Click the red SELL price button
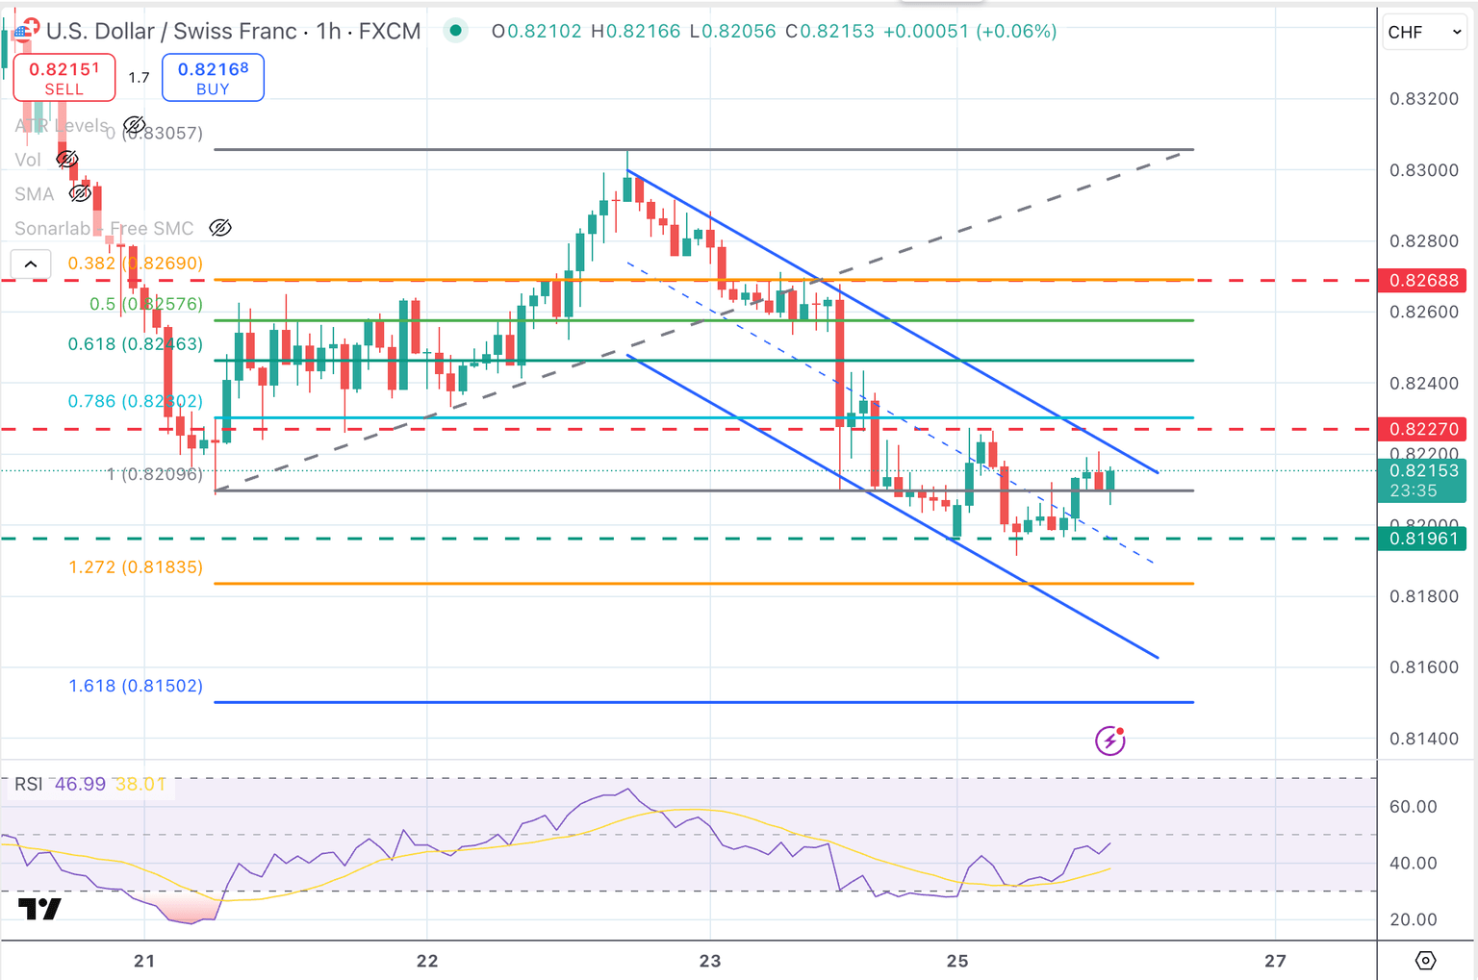tap(64, 77)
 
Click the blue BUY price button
tap(213, 77)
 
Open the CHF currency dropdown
tap(1424, 32)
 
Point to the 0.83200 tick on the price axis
tap(1423, 99)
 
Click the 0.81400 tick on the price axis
tap(1423, 739)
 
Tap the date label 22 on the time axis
tap(426, 961)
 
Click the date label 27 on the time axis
tap(1275, 961)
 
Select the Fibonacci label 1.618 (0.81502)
tap(136, 686)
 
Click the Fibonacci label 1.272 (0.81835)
tap(136, 567)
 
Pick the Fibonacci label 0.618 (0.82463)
tap(136, 344)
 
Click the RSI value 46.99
tap(80, 784)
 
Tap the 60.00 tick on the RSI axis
tap(1413, 807)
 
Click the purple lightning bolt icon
tap(1110, 741)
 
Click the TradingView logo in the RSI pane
tap(39, 908)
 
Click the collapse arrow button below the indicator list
tap(31, 264)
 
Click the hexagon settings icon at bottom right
tap(1425, 960)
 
